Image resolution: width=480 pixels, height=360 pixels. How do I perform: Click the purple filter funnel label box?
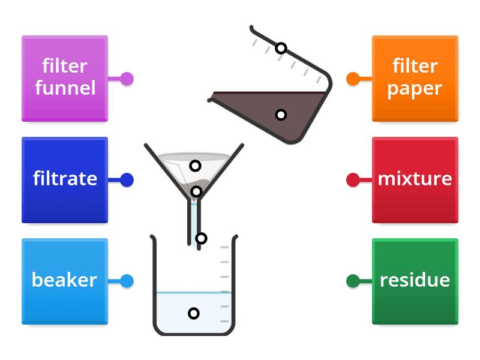pos(65,79)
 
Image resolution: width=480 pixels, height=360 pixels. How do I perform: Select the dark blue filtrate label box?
pos(65,180)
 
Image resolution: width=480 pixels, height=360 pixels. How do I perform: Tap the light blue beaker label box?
pos(65,281)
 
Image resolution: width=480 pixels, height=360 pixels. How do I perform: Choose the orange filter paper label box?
pos(415,79)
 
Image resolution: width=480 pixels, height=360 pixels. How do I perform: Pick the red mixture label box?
pos(415,180)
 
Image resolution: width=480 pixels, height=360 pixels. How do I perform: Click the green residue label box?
pos(415,281)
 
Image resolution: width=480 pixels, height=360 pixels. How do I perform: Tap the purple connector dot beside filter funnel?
pos(127,79)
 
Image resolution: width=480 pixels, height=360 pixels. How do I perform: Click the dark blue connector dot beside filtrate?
pos(127,180)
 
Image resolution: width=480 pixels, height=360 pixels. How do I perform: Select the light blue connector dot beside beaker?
pos(127,281)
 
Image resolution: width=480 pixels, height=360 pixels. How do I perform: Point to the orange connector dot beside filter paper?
pos(353,79)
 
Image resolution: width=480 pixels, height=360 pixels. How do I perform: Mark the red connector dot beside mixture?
pos(353,180)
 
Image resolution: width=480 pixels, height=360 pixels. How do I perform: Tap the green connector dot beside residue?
pos(353,281)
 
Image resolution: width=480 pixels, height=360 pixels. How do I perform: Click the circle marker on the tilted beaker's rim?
pos(281,48)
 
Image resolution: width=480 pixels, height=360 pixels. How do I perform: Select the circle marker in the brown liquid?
pos(281,115)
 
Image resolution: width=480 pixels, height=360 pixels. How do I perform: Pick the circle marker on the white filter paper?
pos(195,166)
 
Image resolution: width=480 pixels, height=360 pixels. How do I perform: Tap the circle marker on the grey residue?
pos(196,191)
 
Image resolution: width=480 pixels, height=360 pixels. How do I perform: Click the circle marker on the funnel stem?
pos(201,238)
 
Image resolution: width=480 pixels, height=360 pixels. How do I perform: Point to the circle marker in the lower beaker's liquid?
pos(193,313)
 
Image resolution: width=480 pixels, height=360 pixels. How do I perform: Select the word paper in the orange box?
pos(415,89)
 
